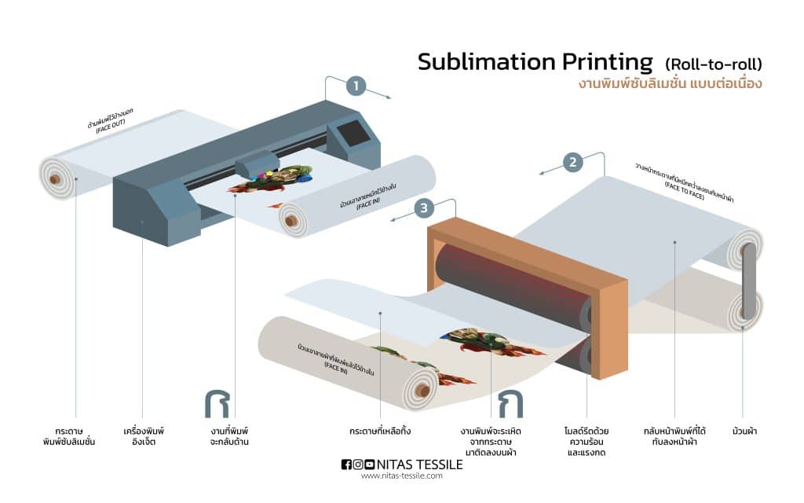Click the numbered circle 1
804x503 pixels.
[x=356, y=86]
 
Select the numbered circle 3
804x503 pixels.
[x=424, y=208]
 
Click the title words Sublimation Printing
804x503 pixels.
[x=535, y=62]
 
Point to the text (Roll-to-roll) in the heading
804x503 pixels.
[x=714, y=64]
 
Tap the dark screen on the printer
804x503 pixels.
[x=354, y=133]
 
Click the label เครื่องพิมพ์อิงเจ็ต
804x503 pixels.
[x=144, y=436]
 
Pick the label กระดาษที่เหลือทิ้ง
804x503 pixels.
[x=380, y=431]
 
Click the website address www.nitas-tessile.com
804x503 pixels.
[x=401, y=475]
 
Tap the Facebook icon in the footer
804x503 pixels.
[x=346, y=464]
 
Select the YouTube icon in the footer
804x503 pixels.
[x=370, y=464]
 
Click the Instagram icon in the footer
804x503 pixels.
[x=358, y=464]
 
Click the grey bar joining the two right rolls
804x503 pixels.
[x=749, y=281]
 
